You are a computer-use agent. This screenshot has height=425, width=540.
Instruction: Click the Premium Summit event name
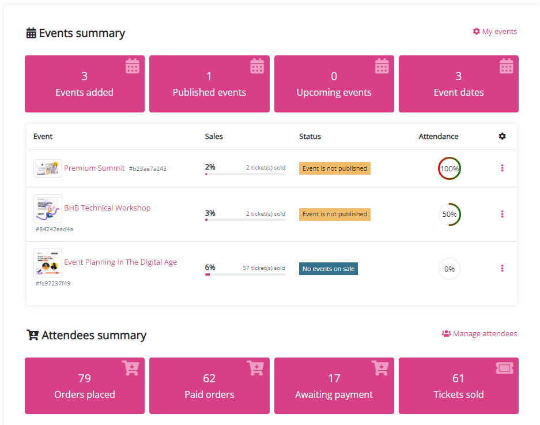coord(94,168)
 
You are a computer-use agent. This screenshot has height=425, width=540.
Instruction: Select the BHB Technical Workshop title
coord(107,208)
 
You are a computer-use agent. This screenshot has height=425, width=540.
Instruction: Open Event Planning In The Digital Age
coord(120,262)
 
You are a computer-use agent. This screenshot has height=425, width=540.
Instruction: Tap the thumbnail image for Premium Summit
coord(48,168)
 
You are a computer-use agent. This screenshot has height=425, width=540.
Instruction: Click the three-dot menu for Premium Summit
coord(502,168)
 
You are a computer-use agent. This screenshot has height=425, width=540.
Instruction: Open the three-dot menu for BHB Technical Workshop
coord(502,214)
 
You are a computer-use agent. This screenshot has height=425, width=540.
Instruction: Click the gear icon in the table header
coord(502,137)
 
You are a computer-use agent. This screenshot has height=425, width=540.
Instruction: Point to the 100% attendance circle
coord(450,169)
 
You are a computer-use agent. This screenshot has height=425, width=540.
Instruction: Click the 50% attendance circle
coord(450,215)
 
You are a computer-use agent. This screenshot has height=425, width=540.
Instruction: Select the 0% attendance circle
coord(450,269)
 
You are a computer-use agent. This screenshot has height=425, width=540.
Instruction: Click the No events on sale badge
coord(328,269)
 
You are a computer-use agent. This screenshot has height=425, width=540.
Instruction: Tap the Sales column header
coord(214,137)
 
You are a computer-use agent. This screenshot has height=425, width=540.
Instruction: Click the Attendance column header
coord(439,137)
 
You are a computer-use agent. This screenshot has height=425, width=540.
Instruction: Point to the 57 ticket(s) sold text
coord(264,268)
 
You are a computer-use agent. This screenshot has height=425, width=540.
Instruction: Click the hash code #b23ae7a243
coord(148,169)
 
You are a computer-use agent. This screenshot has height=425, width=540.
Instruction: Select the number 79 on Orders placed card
coord(85,378)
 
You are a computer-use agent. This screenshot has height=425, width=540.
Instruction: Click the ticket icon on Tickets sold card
coord(504,368)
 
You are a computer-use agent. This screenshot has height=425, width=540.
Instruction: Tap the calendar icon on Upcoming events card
coord(382,66)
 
